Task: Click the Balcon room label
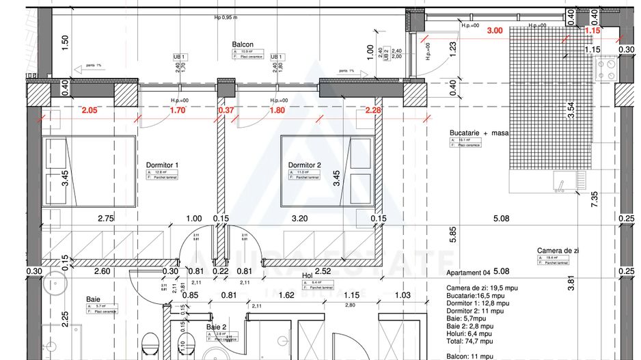click(243, 43)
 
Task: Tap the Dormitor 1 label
click(162, 165)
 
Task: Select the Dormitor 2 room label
click(304, 165)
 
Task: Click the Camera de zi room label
click(558, 251)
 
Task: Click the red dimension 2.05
click(90, 110)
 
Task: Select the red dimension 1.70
click(178, 110)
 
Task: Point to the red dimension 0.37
click(226, 110)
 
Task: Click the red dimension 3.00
click(494, 31)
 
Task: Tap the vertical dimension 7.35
click(595, 199)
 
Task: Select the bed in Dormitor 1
click(90, 171)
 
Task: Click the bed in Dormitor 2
click(327, 171)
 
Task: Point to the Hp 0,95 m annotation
click(226, 18)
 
